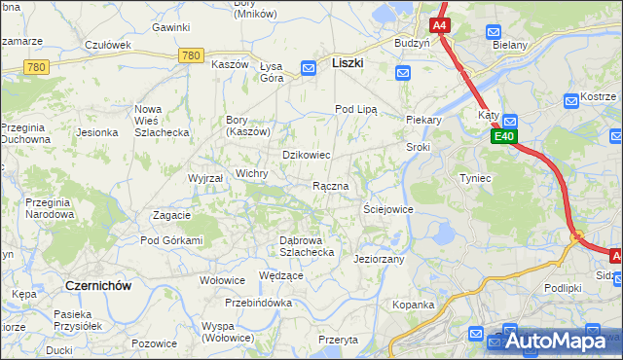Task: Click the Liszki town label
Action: [x=348, y=61]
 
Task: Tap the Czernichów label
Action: [x=97, y=285]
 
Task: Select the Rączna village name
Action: [x=330, y=186]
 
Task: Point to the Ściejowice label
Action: [x=388, y=209]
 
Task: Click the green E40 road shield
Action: [x=503, y=137]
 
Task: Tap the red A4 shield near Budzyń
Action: [x=440, y=24]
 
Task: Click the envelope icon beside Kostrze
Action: [x=571, y=100]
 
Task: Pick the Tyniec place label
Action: [x=475, y=179]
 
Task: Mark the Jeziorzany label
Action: [x=379, y=260]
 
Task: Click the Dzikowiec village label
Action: [x=307, y=155]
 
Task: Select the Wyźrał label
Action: [x=205, y=179]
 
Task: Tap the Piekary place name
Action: [x=423, y=121]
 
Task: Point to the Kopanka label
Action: [x=413, y=305]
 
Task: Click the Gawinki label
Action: [x=170, y=27]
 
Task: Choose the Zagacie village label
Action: [x=171, y=214]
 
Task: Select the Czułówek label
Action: [x=108, y=45]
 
